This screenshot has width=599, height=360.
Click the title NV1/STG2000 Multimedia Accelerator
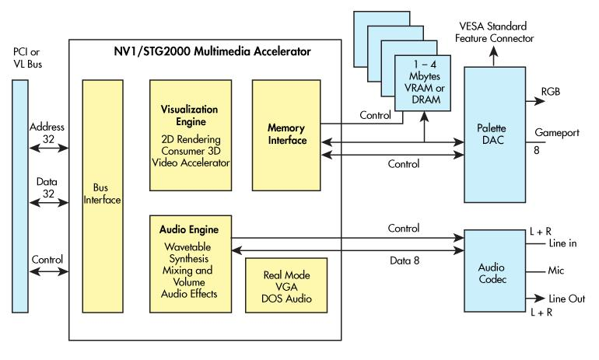[203, 52]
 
